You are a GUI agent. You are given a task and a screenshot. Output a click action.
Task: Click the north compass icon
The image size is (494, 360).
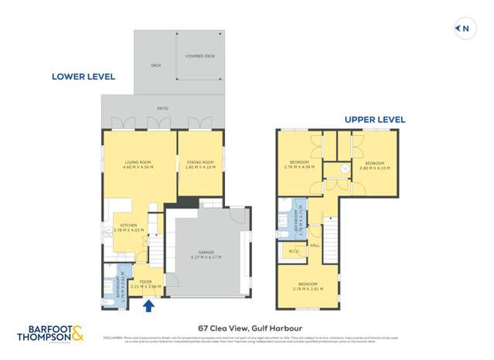(463, 29)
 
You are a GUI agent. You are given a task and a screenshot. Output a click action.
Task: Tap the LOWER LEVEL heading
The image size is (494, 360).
(83, 76)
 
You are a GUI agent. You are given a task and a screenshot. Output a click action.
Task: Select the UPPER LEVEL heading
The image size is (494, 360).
(375, 120)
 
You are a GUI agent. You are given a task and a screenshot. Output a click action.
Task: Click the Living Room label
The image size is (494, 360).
(138, 161)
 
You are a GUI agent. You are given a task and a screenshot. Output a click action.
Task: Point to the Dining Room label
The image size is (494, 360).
(199, 161)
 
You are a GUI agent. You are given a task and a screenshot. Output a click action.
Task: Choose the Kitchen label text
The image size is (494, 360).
(128, 226)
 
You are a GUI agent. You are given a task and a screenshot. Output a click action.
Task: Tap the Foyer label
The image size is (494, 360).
(146, 281)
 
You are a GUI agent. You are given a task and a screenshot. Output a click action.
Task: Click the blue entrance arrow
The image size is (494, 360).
(148, 306)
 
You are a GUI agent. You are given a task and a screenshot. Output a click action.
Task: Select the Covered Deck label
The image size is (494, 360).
(200, 56)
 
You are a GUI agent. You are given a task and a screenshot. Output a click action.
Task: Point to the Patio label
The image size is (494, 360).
(163, 107)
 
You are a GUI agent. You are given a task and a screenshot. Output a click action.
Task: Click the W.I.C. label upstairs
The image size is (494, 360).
(295, 251)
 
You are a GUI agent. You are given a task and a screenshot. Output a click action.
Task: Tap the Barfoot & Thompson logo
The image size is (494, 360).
(50, 334)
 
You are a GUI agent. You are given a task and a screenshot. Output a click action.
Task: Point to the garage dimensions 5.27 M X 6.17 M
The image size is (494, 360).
(206, 257)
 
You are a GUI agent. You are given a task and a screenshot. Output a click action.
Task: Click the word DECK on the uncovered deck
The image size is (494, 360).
(155, 66)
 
